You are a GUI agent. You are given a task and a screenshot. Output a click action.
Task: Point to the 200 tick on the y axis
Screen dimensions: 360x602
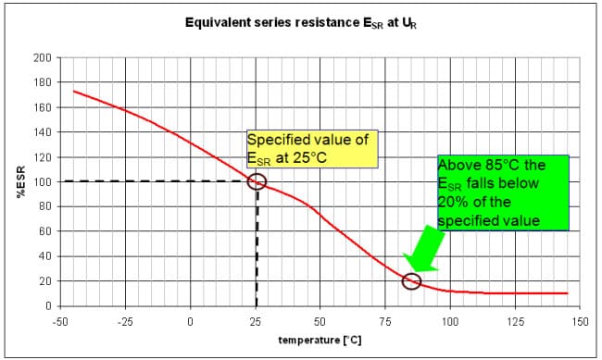(42, 57)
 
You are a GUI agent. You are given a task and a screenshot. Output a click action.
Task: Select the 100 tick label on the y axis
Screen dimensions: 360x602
(42, 181)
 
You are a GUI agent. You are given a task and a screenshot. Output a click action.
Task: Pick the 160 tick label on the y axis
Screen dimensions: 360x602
(42, 107)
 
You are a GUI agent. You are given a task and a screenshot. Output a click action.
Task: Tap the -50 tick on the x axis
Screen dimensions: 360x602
(60, 321)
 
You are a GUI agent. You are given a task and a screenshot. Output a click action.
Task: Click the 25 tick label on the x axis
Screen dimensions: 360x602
(255, 321)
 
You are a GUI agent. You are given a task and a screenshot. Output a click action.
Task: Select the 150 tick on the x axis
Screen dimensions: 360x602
(581, 321)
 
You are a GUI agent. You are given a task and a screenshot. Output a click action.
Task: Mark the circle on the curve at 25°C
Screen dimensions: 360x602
(257, 181)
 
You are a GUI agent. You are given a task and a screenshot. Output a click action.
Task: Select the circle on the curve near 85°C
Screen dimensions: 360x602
(412, 280)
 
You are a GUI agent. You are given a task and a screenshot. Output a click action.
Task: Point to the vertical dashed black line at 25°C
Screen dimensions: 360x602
(257, 250)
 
